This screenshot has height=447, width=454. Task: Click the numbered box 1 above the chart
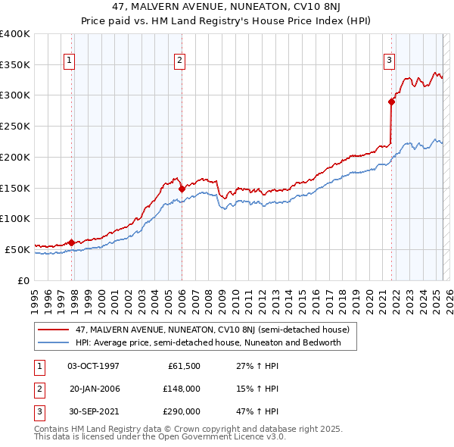70,62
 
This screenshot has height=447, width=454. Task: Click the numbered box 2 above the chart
180,62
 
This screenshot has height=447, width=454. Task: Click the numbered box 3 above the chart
389,62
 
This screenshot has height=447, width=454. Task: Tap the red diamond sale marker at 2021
392,101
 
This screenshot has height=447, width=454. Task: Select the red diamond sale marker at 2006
182,188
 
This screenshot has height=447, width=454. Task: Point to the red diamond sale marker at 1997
72,242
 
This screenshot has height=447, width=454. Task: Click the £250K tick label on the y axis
14,126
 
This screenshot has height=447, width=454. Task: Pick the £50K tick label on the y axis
17,249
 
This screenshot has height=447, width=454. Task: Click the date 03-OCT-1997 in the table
93,367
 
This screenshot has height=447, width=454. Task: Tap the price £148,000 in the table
182,389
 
